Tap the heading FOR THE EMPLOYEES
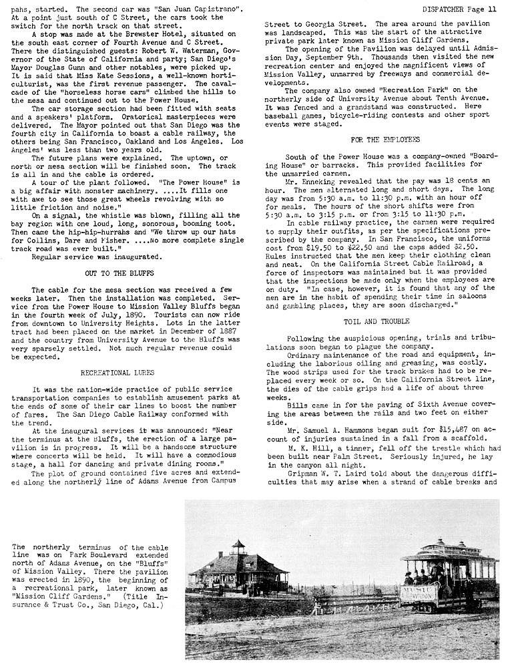click(x=375, y=140)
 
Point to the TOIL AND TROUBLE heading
click(x=376, y=321)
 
